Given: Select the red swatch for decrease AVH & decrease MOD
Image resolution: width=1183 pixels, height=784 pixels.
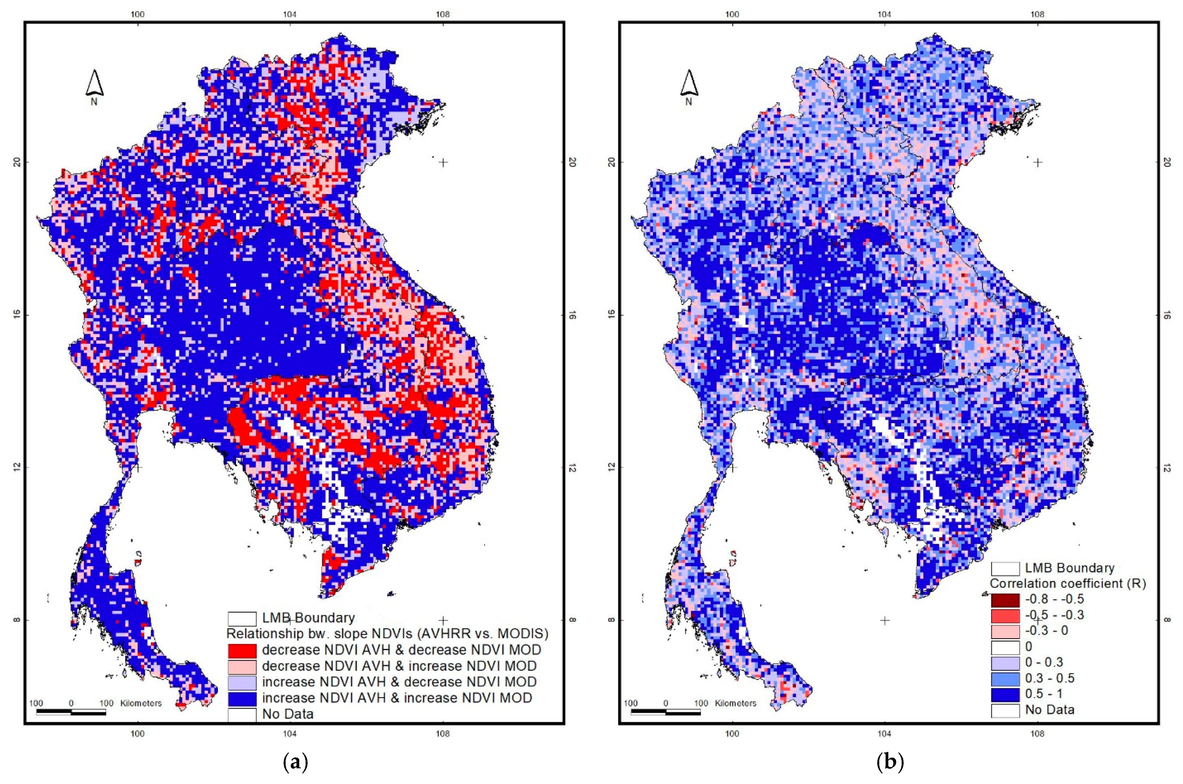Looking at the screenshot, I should point(242,650).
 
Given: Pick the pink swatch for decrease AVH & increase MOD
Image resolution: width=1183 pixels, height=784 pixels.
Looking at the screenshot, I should point(242,666).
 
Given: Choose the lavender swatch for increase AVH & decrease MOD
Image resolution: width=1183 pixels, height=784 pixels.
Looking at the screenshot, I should point(242,682).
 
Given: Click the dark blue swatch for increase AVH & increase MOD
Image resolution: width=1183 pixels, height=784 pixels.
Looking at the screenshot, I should point(242,698).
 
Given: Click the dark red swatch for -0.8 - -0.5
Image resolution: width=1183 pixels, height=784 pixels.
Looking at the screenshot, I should point(1005,599).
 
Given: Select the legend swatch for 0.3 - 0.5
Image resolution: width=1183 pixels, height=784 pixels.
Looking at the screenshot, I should point(1005,678).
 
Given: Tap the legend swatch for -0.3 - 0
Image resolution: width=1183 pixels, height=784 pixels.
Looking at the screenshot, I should point(1005,631).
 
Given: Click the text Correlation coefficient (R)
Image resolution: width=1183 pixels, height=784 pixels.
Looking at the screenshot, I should point(1068,584).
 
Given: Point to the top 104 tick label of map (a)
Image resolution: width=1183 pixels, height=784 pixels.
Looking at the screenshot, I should point(289,14).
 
